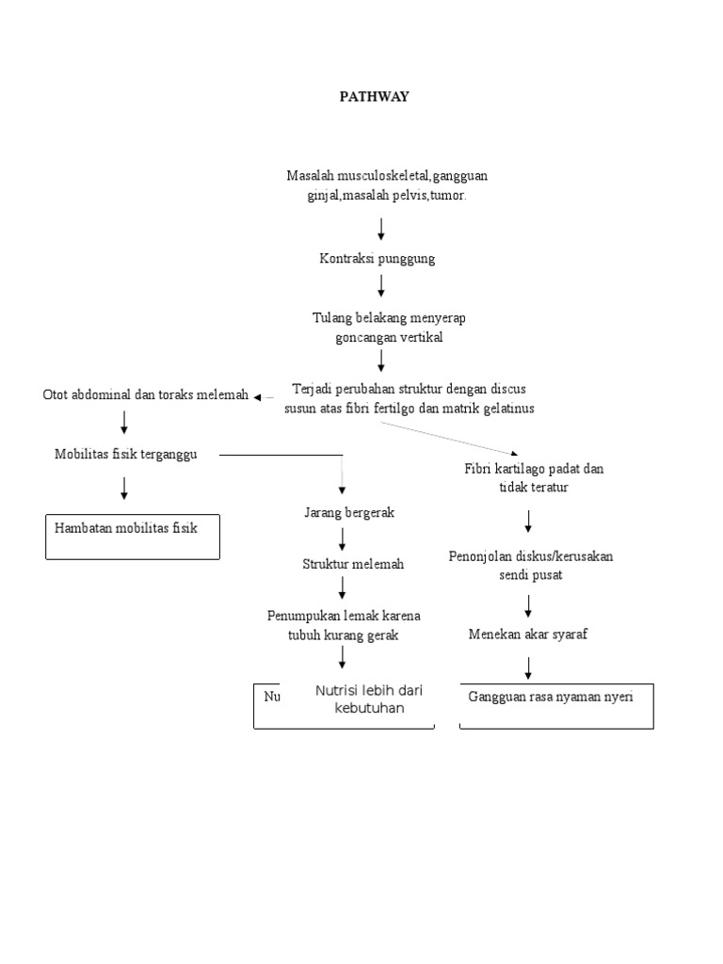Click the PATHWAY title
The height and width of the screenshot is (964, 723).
(375, 96)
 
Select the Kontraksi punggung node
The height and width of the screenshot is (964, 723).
(377, 259)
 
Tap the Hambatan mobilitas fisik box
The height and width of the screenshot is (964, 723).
(132, 537)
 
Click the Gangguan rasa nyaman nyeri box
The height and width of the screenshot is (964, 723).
(555, 706)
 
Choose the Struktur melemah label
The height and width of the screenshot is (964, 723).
(353, 564)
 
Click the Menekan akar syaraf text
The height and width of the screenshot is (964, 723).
(528, 634)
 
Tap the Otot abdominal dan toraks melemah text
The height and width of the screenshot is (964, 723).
(146, 395)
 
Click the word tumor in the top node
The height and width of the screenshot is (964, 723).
(447, 195)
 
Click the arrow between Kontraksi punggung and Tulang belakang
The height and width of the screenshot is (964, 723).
(381, 286)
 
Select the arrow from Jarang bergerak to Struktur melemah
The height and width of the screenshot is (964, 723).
(342, 538)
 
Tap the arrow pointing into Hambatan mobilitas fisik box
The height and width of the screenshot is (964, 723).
(124, 488)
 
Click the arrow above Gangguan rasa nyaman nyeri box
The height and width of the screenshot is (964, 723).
(528, 667)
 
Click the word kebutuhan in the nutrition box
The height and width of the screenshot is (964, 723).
(369, 708)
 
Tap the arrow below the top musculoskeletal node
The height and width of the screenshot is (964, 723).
(381, 229)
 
